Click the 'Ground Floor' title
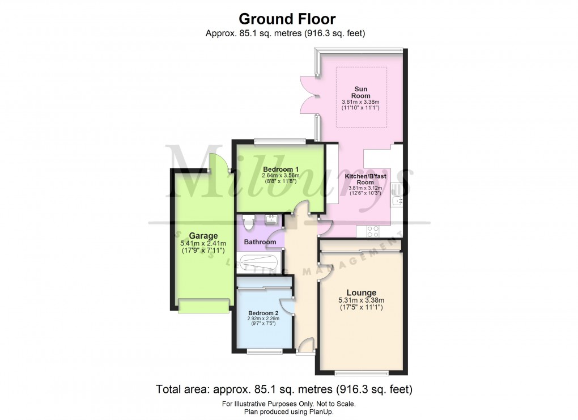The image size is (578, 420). tap(288, 19)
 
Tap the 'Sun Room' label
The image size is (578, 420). tap(360, 92)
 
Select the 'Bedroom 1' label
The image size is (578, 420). tap(280, 169)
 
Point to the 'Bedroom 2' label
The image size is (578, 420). tap(263, 313)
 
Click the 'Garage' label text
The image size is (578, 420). tap(203, 236)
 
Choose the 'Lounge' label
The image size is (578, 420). tap(361, 292)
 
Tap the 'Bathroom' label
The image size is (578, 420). tap(260, 242)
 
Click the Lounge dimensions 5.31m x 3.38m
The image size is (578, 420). tap(361, 300)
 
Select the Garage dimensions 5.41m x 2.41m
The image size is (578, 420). tap(203, 244)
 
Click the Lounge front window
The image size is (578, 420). tap(362, 372)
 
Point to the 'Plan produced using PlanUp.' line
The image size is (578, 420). tap(288, 412)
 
